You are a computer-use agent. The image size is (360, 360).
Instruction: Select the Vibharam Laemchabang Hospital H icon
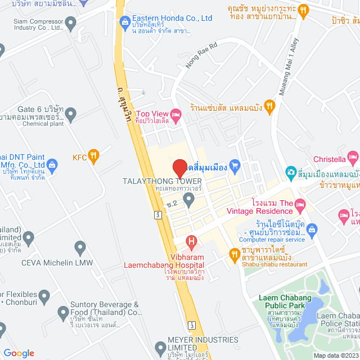192,244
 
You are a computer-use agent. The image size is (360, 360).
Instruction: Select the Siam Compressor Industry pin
70,23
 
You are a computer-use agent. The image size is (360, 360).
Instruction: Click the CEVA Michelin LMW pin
80,247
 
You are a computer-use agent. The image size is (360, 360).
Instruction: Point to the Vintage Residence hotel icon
300,203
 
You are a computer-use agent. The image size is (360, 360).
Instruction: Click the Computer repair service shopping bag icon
312,228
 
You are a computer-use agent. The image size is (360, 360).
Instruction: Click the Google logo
19,353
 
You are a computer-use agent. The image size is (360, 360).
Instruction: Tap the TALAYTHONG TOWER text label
162,181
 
